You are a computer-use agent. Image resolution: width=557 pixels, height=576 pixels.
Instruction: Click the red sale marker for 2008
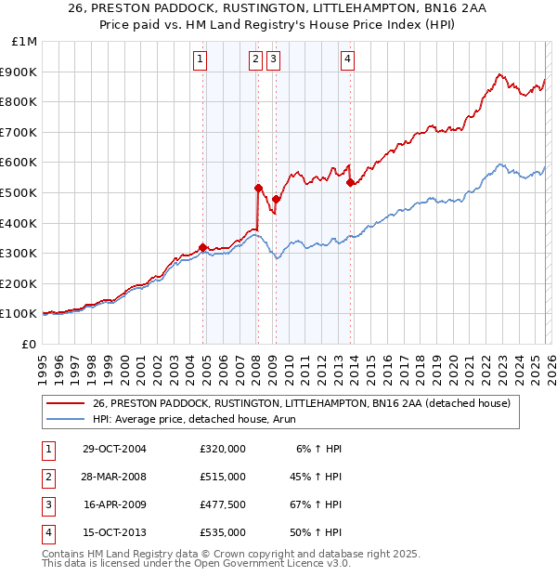(x=258, y=188)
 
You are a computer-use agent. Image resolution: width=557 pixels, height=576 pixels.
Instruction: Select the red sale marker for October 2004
(x=202, y=247)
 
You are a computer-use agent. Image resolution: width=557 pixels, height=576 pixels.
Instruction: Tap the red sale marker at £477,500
(x=276, y=199)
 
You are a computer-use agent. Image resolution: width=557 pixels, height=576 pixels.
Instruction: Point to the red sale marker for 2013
(x=350, y=182)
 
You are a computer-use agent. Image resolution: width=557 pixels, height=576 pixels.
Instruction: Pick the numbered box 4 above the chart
(x=347, y=59)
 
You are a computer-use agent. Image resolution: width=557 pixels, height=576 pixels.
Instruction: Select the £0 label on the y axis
(x=29, y=344)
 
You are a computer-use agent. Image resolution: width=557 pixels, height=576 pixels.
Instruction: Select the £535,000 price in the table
(x=223, y=532)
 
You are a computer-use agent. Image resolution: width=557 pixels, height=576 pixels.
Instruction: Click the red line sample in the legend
(x=65, y=403)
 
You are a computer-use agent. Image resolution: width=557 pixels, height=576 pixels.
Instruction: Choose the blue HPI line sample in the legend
(x=65, y=420)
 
